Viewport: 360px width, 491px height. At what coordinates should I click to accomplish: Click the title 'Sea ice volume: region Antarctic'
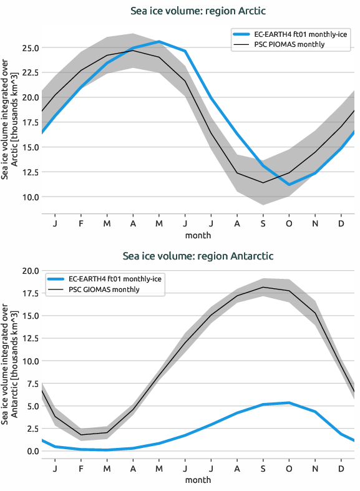pyautogui.click(x=198, y=256)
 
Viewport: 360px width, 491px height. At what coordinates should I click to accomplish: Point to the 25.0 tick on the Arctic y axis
pyautogui.click(x=30, y=47)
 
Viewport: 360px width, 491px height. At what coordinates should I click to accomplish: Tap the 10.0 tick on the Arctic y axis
pyautogui.click(x=30, y=197)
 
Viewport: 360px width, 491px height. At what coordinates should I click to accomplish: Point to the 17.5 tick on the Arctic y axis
pyautogui.click(x=30, y=122)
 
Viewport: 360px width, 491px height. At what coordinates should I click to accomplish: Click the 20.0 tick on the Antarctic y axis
pyautogui.click(x=30, y=271)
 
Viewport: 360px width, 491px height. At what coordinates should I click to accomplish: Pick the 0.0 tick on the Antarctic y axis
pyautogui.click(x=32, y=450)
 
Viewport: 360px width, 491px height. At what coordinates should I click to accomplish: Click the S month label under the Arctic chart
pyautogui.click(x=263, y=223)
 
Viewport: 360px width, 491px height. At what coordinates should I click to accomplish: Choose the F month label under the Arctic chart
pyautogui.click(x=81, y=223)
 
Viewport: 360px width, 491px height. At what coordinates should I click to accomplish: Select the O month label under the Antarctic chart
pyautogui.click(x=289, y=467)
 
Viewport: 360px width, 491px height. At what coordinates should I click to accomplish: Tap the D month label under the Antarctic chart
pyautogui.click(x=341, y=467)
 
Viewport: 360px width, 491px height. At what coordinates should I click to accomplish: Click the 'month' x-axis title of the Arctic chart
pyautogui.click(x=198, y=235)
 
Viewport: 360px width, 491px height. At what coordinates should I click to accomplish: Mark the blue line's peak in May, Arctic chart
pyautogui.click(x=159, y=42)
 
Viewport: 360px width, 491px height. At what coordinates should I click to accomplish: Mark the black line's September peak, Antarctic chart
pyautogui.click(x=263, y=288)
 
